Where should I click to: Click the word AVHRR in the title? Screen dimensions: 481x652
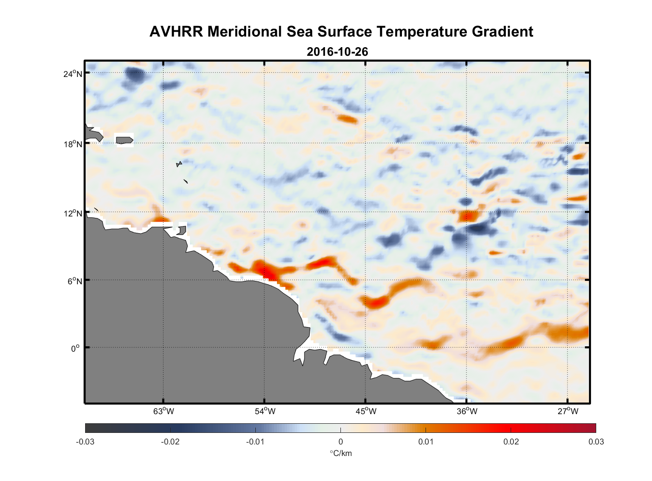176,32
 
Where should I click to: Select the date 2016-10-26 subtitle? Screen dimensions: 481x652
337,51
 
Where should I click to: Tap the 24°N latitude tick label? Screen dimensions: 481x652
73,74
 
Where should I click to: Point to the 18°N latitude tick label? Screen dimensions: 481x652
73,144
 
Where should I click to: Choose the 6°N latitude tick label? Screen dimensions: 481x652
75,281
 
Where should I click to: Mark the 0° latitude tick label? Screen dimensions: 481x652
75,349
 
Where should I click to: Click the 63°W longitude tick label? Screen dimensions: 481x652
163,411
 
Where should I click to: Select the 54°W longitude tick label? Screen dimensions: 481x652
265,411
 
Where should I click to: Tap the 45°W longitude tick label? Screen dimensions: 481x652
366,411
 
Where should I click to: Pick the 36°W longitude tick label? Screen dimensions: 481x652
467,411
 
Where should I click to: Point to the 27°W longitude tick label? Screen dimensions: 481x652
568,411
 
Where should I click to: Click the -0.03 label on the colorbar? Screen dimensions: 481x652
85,442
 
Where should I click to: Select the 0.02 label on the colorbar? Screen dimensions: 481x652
511,442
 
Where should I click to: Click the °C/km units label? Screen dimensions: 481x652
340,453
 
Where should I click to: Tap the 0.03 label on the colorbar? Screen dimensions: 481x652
596,442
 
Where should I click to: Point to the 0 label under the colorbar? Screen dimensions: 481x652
340,442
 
